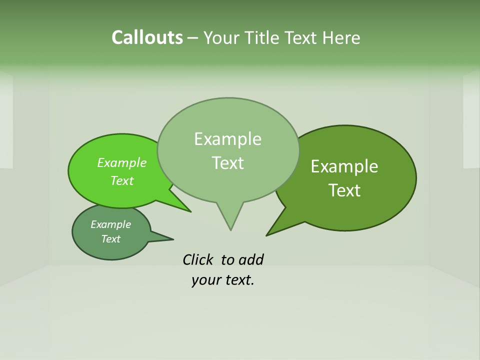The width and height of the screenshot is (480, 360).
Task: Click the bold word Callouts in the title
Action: (x=147, y=37)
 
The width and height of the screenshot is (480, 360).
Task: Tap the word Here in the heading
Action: (x=341, y=37)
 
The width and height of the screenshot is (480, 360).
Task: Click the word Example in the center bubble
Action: (x=227, y=139)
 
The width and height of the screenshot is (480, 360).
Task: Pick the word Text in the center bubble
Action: (x=227, y=163)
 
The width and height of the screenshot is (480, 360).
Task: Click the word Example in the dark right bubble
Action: (x=344, y=166)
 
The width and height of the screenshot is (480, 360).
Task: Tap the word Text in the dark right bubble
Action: (x=344, y=190)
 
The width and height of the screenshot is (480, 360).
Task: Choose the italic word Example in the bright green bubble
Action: (x=121, y=163)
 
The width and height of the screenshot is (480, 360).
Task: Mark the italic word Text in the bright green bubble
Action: (x=121, y=180)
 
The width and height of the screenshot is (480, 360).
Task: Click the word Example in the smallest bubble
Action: (x=110, y=224)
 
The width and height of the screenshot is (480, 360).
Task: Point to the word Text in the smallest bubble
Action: (x=110, y=239)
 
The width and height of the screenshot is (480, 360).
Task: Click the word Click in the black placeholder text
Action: (x=198, y=259)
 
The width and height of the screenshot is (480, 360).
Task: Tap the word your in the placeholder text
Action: (x=205, y=280)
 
